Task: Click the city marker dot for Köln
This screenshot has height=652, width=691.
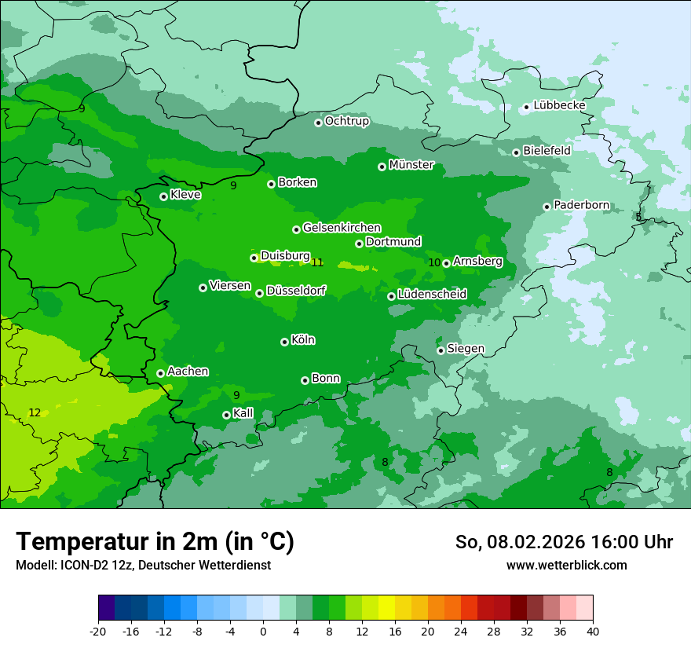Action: point(284,342)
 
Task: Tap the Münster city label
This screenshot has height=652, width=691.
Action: point(411,165)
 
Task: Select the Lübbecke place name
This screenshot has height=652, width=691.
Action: point(559,105)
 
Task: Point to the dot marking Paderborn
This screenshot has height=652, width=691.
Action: point(547,207)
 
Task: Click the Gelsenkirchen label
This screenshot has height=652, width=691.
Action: point(342,228)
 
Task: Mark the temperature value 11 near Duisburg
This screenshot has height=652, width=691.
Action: point(317,262)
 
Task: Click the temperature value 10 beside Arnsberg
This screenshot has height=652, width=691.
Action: point(434,262)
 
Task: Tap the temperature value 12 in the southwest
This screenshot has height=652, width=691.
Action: point(35,412)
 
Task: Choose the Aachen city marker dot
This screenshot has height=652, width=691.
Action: point(160,373)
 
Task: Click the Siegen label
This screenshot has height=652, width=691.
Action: point(466,349)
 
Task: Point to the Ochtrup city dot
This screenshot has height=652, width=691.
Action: point(318,123)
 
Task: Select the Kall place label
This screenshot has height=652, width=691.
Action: point(243,413)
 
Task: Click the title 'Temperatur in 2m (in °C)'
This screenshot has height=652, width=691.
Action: point(155,542)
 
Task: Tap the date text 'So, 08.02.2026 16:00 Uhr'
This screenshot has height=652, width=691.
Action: point(564,542)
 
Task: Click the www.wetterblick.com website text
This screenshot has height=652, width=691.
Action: point(566,566)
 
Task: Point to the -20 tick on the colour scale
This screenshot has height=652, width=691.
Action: point(98,631)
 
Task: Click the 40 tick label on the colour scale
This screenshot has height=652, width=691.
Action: point(592,631)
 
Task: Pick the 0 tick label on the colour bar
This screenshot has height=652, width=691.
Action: point(263,631)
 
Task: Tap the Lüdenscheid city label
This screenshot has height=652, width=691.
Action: point(432,295)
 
